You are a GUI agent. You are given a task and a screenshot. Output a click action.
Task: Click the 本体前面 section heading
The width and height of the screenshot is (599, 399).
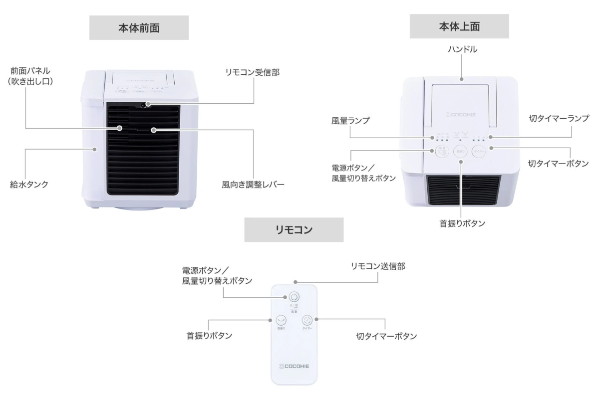(x=139, y=28)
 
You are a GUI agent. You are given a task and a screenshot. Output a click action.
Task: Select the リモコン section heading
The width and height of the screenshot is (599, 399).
(x=294, y=230)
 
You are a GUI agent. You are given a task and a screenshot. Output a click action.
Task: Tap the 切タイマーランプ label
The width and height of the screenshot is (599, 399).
(x=559, y=119)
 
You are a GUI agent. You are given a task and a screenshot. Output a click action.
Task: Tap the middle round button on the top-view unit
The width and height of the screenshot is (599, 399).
(x=460, y=152)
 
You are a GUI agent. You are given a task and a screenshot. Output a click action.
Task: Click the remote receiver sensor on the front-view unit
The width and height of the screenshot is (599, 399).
(x=143, y=105)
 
